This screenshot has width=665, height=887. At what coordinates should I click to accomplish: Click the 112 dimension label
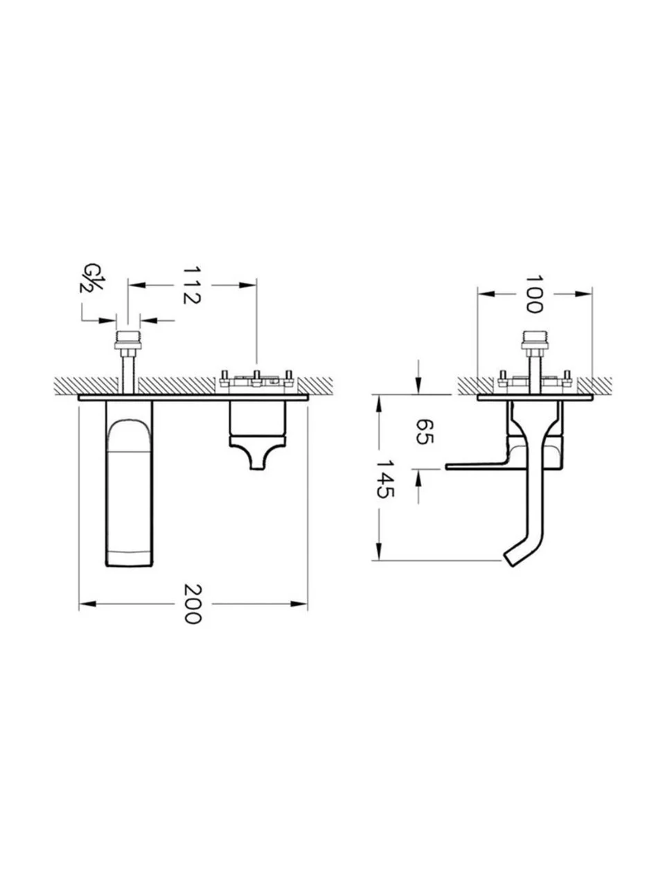pos(192,285)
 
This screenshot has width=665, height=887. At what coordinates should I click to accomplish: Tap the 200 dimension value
pos(193,604)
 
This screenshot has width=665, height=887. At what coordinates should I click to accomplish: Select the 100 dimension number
pos(534,295)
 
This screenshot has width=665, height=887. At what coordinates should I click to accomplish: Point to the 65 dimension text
pos(425,431)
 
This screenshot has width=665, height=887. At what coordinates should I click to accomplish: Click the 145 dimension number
pos(384,479)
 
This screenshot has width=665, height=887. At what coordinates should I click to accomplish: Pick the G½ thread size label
pos(91,278)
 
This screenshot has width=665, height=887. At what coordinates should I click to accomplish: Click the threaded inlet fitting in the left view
pos(129,341)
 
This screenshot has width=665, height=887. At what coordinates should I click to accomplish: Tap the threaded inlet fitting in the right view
pos(535,341)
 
